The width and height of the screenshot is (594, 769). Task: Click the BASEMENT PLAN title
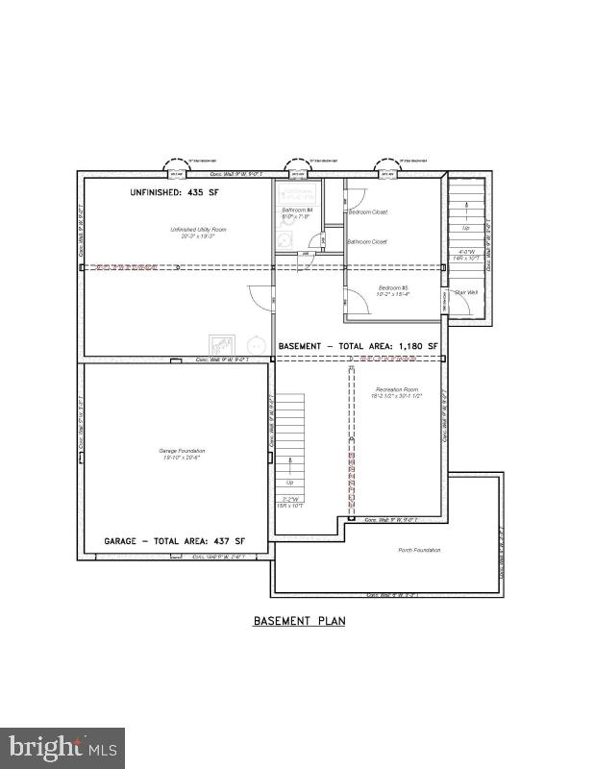coord(299,621)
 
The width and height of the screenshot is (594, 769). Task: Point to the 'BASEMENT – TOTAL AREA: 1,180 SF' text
coord(358,345)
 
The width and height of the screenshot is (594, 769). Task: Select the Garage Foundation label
coord(182,453)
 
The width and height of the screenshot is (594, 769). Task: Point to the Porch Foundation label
coord(419,550)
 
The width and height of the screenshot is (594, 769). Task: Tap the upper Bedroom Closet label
coord(367,211)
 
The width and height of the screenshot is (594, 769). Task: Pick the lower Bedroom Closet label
coord(366,241)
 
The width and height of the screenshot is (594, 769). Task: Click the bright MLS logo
coord(62,747)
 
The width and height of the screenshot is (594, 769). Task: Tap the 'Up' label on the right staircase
coord(467,228)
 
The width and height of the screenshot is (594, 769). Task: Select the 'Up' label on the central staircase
coord(289,482)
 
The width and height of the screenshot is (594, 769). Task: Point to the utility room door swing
coord(260,297)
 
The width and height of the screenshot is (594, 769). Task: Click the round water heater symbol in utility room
coord(256,343)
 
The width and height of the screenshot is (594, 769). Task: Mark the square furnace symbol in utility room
coord(222,344)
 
